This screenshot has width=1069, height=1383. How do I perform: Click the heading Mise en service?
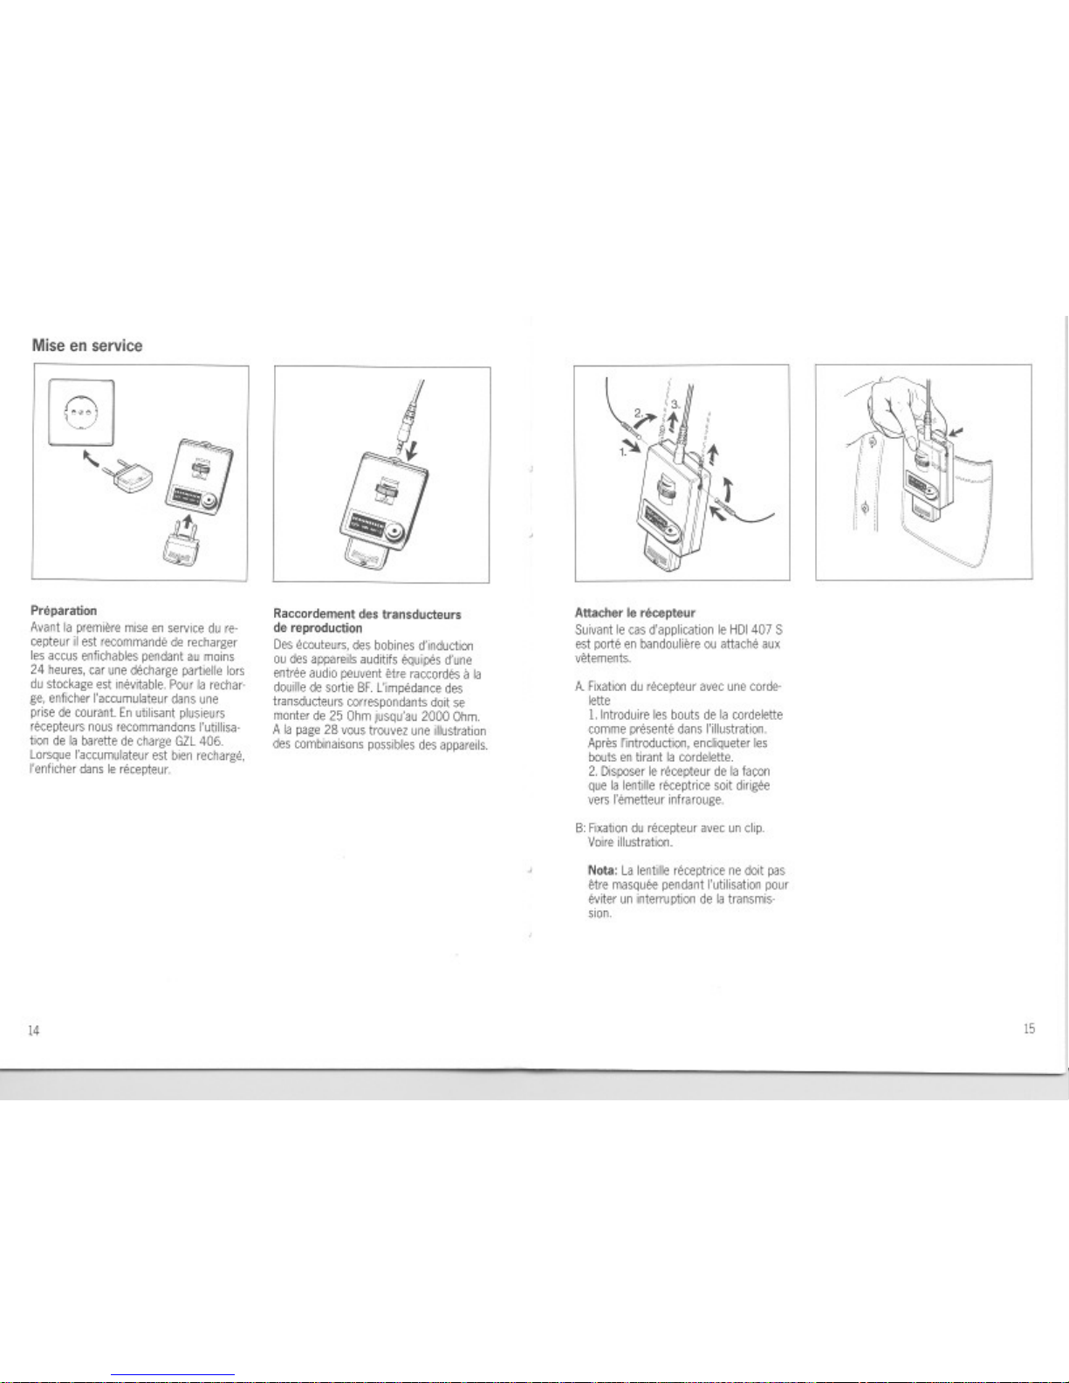point(86,346)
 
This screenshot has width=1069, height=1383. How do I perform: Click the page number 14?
point(33,1030)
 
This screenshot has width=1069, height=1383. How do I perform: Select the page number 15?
point(1029,1029)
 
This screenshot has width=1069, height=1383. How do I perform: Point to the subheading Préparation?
point(64,611)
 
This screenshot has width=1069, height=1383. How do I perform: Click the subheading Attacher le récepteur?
point(634,613)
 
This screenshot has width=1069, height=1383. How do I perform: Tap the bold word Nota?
point(602,871)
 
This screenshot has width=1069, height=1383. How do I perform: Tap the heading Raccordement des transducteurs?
point(367,614)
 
